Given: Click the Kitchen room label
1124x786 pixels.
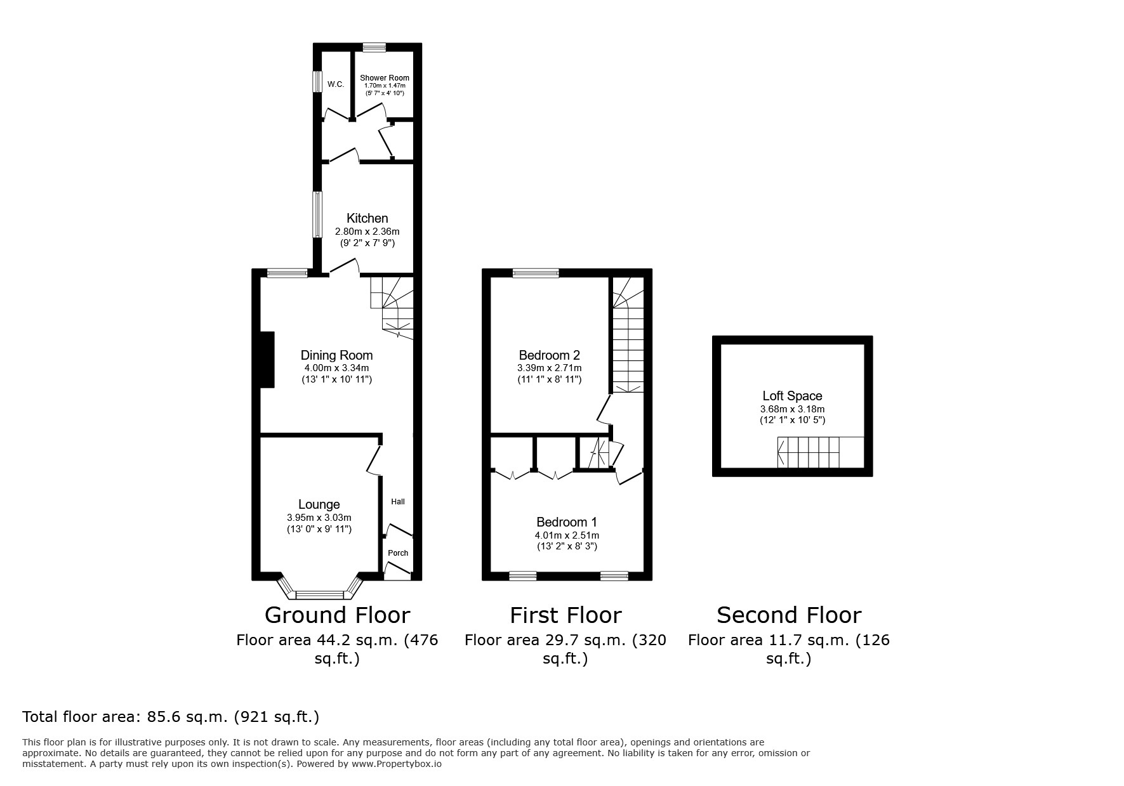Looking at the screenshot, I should tap(367, 218).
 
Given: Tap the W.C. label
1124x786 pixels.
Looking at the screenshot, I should tap(336, 84).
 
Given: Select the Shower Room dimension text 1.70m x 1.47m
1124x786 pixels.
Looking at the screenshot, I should tap(384, 86).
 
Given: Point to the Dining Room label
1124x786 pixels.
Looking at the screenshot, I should tap(336, 355).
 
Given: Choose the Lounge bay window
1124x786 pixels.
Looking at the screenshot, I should tap(319, 594).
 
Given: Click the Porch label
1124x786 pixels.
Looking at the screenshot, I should tap(398, 553).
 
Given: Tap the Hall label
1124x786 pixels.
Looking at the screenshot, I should tap(398, 502).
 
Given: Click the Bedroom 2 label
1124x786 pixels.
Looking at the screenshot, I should tap(549, 355).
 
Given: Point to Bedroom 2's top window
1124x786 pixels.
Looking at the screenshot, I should tap(536, 273).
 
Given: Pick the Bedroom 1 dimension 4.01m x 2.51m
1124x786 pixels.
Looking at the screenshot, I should tap(567, 535).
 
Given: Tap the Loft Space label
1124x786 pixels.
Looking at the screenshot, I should tap(792, 396).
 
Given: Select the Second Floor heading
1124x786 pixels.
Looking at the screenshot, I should tap(789, 615).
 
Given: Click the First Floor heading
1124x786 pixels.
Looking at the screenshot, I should tap(565, 615).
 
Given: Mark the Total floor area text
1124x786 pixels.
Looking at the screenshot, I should tap(171, 717).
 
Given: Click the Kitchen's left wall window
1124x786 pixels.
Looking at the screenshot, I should tap(316, 215).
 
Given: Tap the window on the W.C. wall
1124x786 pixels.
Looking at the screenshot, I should tap(315, 81).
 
